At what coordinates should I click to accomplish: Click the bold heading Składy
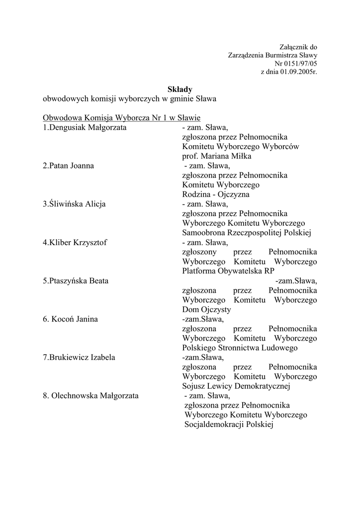tap(180, 89)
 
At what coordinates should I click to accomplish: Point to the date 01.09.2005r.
tap(298, 72)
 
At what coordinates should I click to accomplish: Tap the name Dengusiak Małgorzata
tap(87, 127)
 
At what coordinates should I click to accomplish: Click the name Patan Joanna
tap(71, 166)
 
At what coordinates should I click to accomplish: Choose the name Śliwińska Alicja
tap(77, 204)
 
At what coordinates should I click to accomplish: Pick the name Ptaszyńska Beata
tap(79, 281)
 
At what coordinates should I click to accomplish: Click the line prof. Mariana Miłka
tap(217, 156)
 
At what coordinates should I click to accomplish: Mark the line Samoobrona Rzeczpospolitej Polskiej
tap(246, 233)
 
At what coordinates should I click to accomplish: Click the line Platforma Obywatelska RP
tap(228, 271)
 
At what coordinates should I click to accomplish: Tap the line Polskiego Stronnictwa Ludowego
tap(240, 348)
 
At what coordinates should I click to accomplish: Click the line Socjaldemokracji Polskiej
tap(229, 425)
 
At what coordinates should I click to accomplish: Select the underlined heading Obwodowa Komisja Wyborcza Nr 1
tap(110, 118)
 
